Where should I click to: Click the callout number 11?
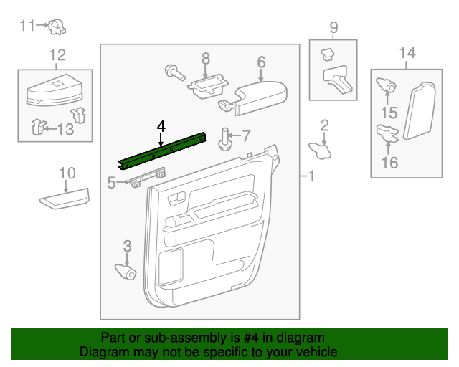click(27, 27)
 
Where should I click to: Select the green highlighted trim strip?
click(163, 151)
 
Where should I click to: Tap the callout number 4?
click(161, 126)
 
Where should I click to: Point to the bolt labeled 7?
click(224, 136)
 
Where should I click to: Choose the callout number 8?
click(206, 58)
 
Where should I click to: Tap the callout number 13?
click(65, 129)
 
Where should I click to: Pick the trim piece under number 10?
click(65, 199)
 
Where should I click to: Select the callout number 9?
click(333, 28)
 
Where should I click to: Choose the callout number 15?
click(389, 113)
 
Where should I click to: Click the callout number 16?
click(389, 163)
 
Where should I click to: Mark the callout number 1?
click(311, 176)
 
